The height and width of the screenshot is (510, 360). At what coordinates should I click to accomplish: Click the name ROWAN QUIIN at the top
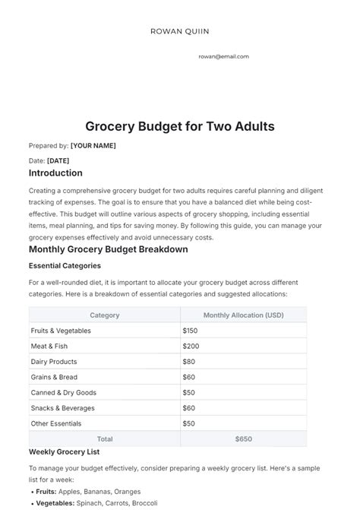[x=180, y=31]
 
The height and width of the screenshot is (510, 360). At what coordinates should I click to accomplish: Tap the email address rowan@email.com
[x=223, y=56]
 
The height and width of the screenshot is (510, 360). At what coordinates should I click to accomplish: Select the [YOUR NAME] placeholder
[x=93, y=145]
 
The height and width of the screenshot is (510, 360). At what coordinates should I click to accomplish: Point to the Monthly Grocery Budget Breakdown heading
[x=108, y=249]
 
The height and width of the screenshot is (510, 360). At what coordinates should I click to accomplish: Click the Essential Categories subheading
[x=65, y=266]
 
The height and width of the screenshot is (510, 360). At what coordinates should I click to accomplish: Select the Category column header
[x=104, y=315]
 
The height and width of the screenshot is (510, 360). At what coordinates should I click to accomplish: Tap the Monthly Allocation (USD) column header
[x=243, y=315]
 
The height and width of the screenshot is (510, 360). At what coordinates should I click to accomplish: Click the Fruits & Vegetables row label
[x=61, y=331]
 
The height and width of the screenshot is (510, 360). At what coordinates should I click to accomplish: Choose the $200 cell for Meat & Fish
[x=191, y=346]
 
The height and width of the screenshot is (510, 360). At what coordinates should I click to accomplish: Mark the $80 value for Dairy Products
[x=189, y=362]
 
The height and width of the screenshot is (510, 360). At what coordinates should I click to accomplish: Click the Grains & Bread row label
[x=55, y=377]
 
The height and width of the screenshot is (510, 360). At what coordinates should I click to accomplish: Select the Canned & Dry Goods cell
[x=64, y=392]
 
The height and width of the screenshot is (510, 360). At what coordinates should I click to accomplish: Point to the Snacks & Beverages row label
[x=62, y=407]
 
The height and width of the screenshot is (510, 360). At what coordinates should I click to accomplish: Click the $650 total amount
[x=243, y=439]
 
